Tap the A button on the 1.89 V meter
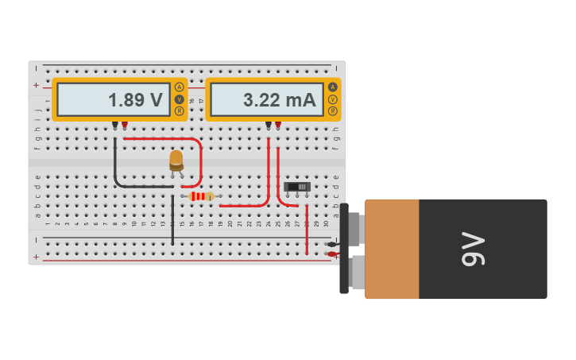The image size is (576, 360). (x=179, y=87)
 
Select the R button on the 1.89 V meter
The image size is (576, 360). (x=179, y=111)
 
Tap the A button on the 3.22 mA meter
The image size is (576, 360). (x=332, y=87)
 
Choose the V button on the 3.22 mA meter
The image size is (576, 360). (x=332, y=99)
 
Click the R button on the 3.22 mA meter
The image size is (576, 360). (x=332, y=111)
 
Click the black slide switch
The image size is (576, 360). (x=297, y=187)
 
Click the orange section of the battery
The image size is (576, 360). (x=392, y=249)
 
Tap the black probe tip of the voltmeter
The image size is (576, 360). (x=115, y=125)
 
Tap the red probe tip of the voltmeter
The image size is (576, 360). (x=124, y=125)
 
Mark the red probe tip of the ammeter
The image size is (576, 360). (x=277, y=125)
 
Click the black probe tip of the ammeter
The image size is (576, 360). (x=269, y=125)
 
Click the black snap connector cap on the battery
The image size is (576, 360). (x=344, y=249)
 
